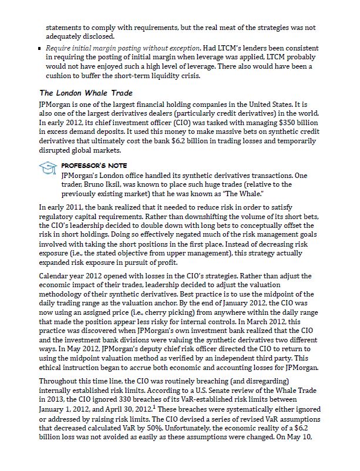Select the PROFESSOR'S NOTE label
(x=94, y=166)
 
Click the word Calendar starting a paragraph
(x=53, y=275)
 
